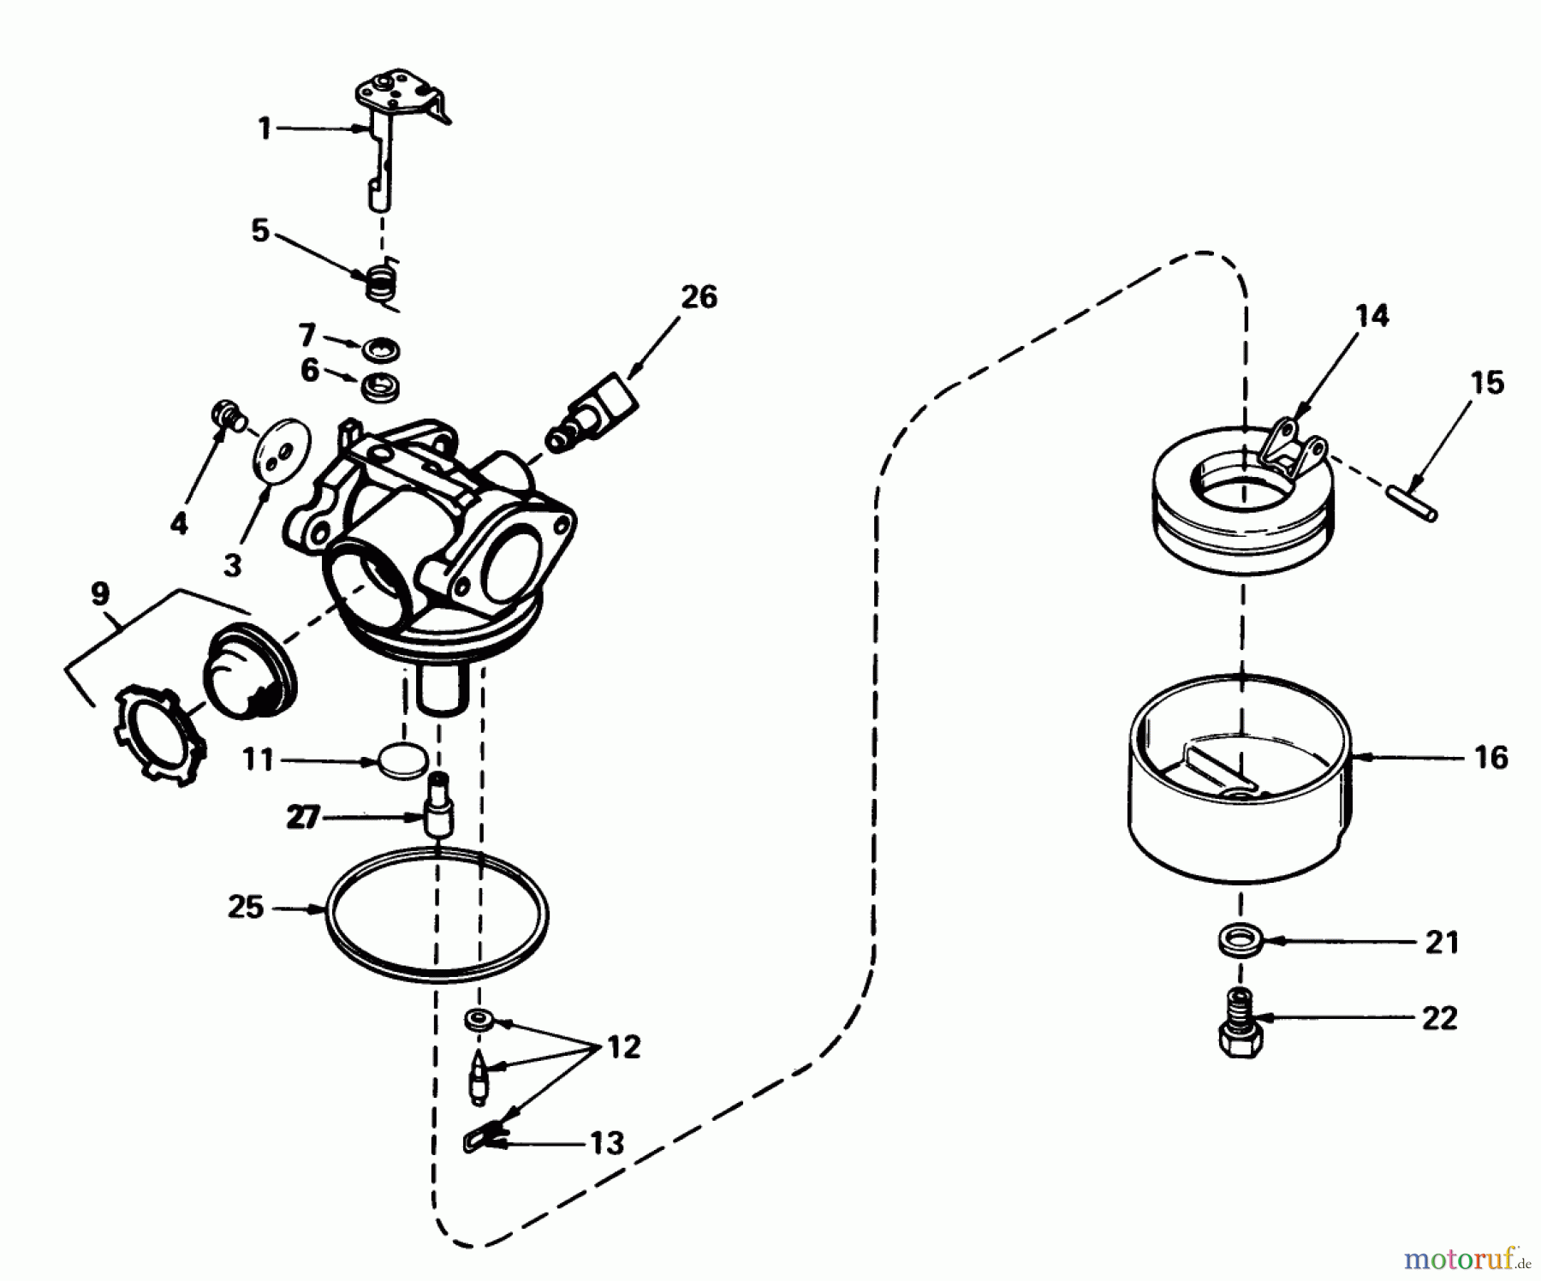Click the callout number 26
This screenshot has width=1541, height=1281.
click(x=699, y=297)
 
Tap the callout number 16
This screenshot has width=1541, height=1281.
click(x=1490, y=757)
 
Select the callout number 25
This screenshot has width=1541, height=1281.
click(x=246, y=907)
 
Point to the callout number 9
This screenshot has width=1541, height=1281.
click(x=100, y=593)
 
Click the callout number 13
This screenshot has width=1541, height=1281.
click(x=607, y=1142)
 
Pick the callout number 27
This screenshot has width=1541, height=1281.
click(x=302, y=818)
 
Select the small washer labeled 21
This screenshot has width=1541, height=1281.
click(x=1239, y=939)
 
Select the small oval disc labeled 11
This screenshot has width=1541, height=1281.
click(x=402, y=761)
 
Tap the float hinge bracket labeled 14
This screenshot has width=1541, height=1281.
click(x=1293, y=446)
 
